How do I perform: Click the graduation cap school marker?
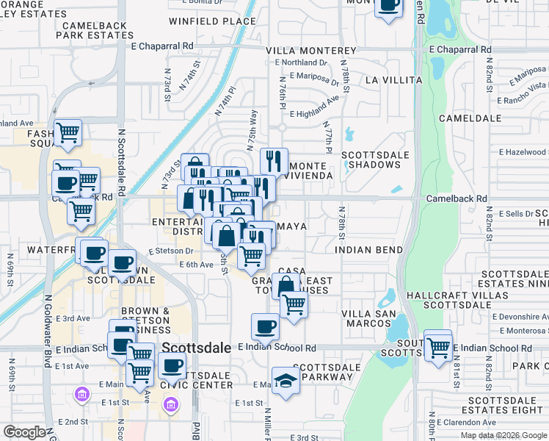pos(286,381)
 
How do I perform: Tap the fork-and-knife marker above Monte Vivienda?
pos(274,161)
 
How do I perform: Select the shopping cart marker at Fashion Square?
pos(68,133)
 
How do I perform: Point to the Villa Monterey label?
pos(310,51)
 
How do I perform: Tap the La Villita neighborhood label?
pos(393,79)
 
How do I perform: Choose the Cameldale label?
pos(470,118)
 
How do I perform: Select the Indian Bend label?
pos(369,250)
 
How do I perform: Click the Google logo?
pos(23,432)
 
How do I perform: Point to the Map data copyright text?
pos(503,435)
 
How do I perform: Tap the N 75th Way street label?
pos(253,129)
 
